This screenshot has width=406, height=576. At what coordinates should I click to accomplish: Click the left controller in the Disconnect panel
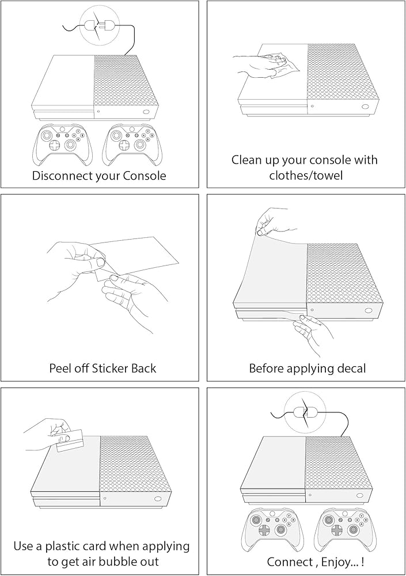[62, 145]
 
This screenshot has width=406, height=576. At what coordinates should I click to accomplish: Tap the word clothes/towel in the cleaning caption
[306, 175]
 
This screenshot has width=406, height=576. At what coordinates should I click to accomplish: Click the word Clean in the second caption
[247, 160]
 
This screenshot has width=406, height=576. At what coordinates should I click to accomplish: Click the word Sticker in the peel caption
[106, 368]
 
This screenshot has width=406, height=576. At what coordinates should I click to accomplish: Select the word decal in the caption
[350, 368]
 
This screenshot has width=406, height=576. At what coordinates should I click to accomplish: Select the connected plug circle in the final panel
[305, 411]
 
